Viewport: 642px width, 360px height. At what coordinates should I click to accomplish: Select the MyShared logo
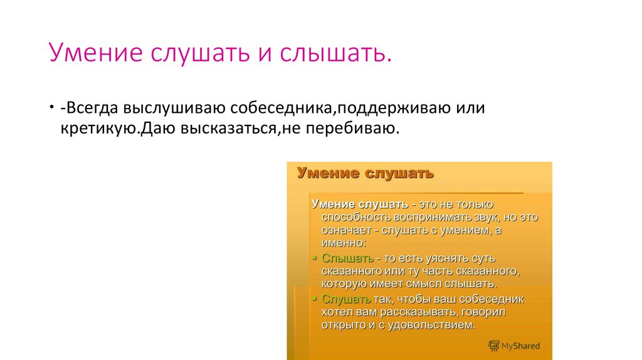coord(514,346)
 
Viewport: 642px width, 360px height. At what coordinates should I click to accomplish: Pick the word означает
coord(347,230)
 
